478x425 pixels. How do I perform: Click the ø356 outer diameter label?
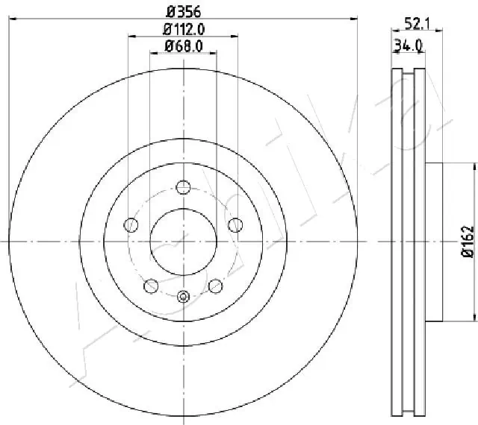click(183, 12)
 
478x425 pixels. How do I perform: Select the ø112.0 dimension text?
click(184, 30)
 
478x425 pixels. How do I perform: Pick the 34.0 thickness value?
click(409, 46)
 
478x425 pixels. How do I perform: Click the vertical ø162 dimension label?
click(468, 242)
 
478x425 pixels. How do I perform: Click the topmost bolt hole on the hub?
click(184, 187)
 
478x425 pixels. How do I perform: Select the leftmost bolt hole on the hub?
click(132, 224)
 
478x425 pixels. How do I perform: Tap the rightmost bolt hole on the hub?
click(235, 224)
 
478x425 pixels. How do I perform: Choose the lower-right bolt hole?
click(216, 285)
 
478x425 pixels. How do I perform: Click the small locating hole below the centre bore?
click(184, 297)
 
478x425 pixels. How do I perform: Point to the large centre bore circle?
click(184, 241)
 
